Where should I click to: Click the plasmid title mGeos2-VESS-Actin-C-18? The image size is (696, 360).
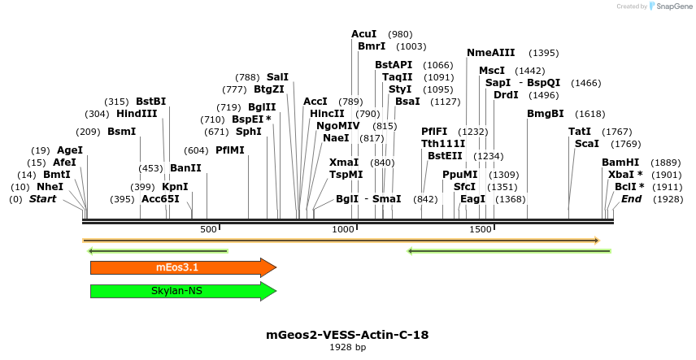[347, 334]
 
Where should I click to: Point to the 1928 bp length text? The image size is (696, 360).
[347, 347]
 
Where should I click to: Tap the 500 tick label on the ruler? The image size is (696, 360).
[208, 229]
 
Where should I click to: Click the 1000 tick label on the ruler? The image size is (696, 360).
[345, 229]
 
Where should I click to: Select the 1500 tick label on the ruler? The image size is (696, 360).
[481, 229]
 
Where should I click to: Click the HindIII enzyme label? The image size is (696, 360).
[137, 114]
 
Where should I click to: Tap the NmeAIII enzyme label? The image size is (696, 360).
[491, 53]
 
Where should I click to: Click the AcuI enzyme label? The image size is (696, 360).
[363, 34]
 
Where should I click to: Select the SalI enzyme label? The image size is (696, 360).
[277, 77]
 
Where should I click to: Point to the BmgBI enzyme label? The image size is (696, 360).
[546, 114]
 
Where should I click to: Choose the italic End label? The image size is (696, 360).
[631, 199]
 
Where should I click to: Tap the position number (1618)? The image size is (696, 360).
[589, 114]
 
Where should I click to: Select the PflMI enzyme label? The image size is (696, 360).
[230, 150]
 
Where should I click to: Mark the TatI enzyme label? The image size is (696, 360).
[580, 132]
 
